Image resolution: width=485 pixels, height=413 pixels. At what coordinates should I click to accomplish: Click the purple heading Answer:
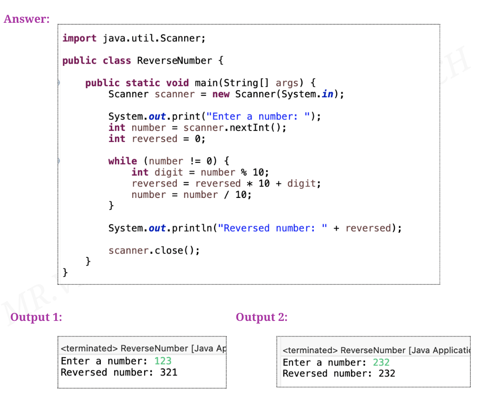point(27,19)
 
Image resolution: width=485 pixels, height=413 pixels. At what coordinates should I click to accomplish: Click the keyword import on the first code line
point(79,38)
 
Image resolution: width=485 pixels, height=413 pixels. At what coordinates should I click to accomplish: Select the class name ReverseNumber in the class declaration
point(175,61)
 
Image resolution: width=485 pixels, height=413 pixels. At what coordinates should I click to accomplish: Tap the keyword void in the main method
point(177,83)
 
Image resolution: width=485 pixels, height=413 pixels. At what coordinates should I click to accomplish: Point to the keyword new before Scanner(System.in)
point(221,94)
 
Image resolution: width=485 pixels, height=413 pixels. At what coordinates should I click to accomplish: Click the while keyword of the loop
point(122,161)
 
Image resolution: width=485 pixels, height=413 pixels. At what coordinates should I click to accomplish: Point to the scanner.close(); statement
point(154,251)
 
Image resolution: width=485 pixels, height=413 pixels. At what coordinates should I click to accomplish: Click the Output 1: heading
point(36,317)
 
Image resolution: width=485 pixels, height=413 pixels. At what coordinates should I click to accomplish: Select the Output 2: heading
point(262,317)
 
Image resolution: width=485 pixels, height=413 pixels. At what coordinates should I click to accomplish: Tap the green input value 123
point(163,361)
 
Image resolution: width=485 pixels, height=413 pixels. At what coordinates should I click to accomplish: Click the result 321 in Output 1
point(168,372)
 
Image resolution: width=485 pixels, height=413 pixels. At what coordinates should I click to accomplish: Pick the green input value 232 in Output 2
point(381,363)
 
